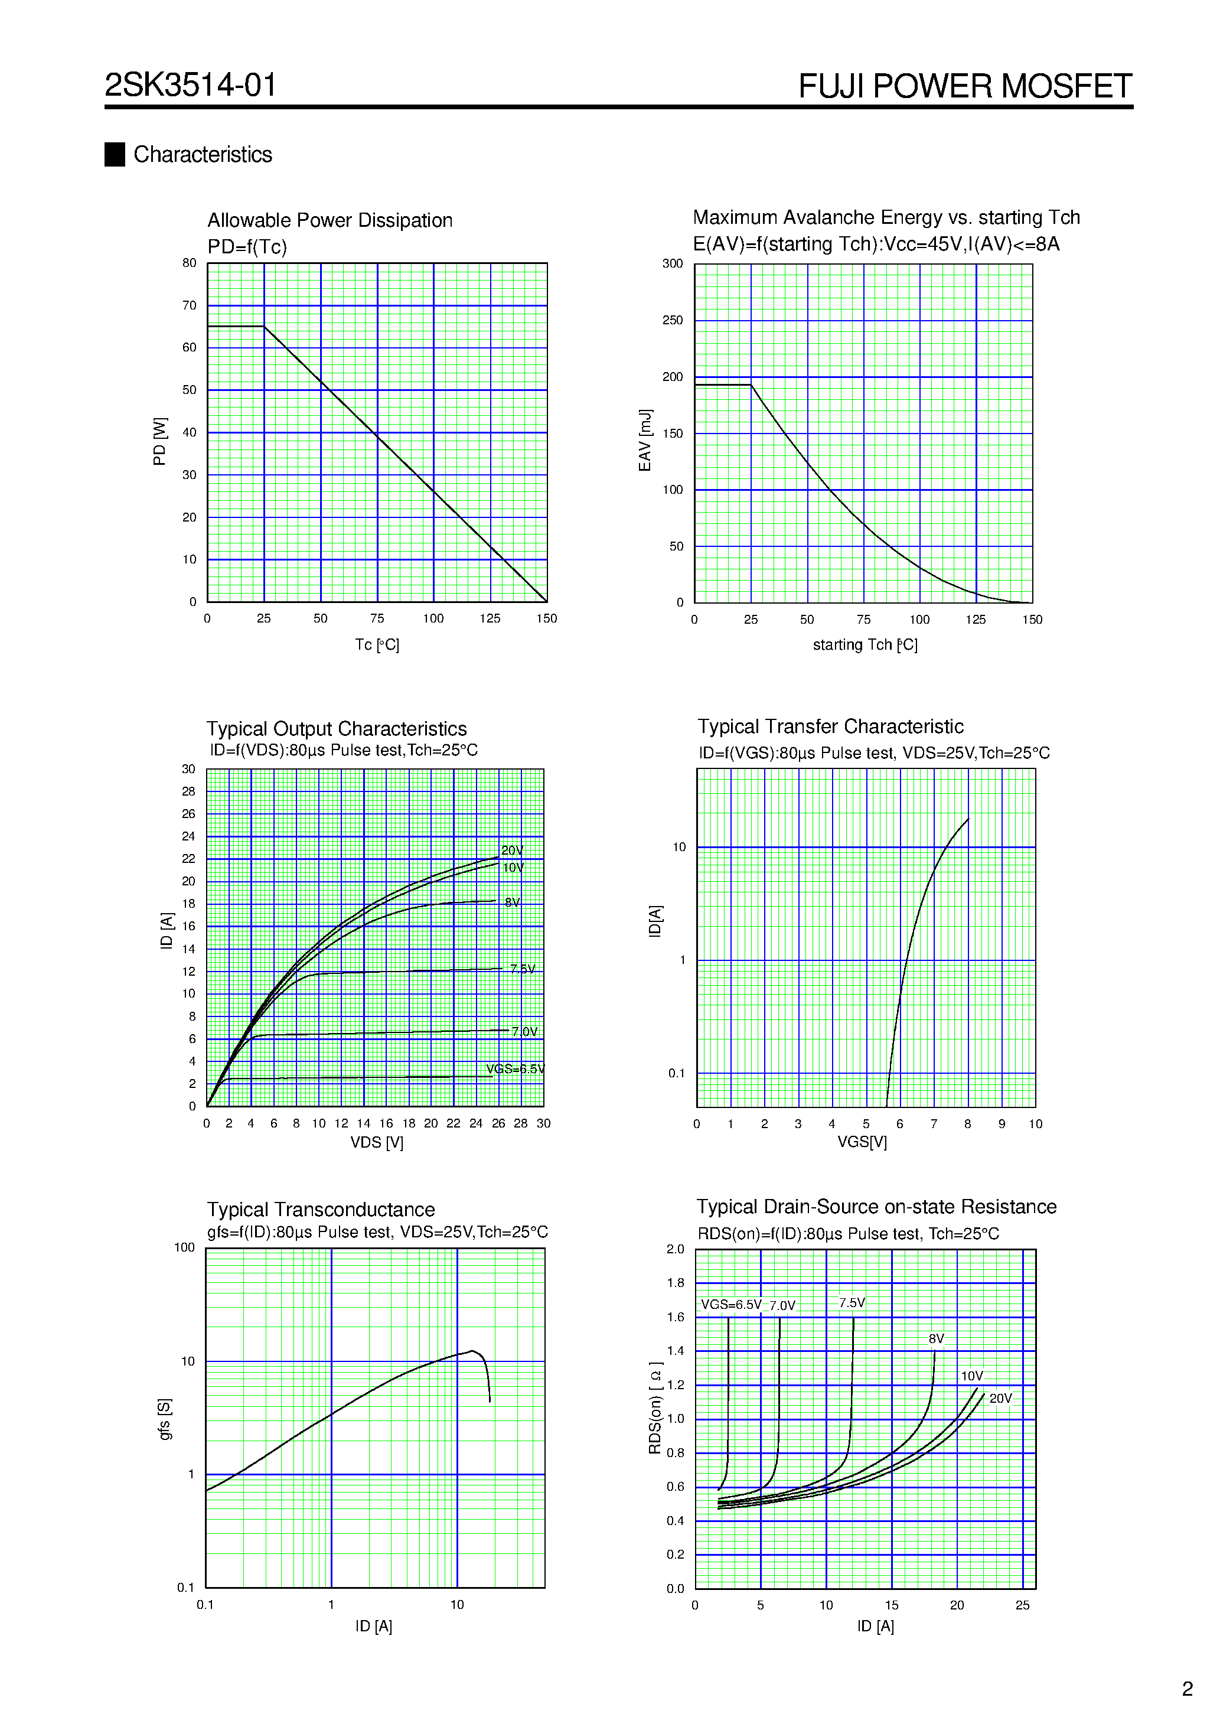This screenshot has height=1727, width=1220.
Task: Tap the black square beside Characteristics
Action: [x=115, y=154]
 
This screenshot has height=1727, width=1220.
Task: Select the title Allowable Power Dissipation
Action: [x=330, y=220]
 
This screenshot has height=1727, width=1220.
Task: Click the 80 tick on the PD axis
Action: [x=189, y=263]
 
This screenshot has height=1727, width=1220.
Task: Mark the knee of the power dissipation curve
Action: [x=264, y=327]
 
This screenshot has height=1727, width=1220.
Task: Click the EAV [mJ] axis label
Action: [x=645, y=441]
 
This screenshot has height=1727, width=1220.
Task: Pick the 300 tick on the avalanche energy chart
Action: [x=673, y=264]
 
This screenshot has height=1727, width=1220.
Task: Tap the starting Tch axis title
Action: [x=865, y=644]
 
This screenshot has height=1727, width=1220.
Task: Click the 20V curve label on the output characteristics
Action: [x=512, y=850]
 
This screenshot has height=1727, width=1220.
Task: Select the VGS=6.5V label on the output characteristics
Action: [x=516, y=1069]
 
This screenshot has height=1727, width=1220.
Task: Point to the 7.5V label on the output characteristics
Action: [x=523, y=969]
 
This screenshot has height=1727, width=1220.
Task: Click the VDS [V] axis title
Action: [x=377, y=1142]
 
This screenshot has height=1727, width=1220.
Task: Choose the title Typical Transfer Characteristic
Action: [x=830, y=726]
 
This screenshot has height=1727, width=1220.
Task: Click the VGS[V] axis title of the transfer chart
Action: [x=862, y=1142]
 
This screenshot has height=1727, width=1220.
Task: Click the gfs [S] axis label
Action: [x=165, y=1419]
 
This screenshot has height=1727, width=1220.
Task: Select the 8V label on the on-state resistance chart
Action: [x=936, y=1339]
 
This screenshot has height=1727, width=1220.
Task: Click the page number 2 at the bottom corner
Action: [x=1187, y=1689]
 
